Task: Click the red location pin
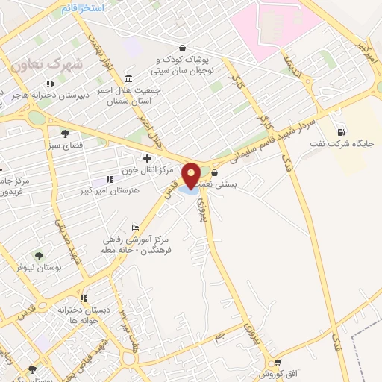[x=192, y=175]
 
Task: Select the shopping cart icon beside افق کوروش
[x=278, y=363]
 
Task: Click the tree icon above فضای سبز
[x=65, y=134]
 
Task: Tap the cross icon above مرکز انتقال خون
[x=147, y=158]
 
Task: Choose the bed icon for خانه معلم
[x=134, y=228]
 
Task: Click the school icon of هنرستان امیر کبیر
[x=110, y=179]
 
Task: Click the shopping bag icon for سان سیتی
[x=183, y=48]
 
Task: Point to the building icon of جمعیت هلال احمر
[x=129, y=79]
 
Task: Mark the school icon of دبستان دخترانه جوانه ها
[x=84, y=298]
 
